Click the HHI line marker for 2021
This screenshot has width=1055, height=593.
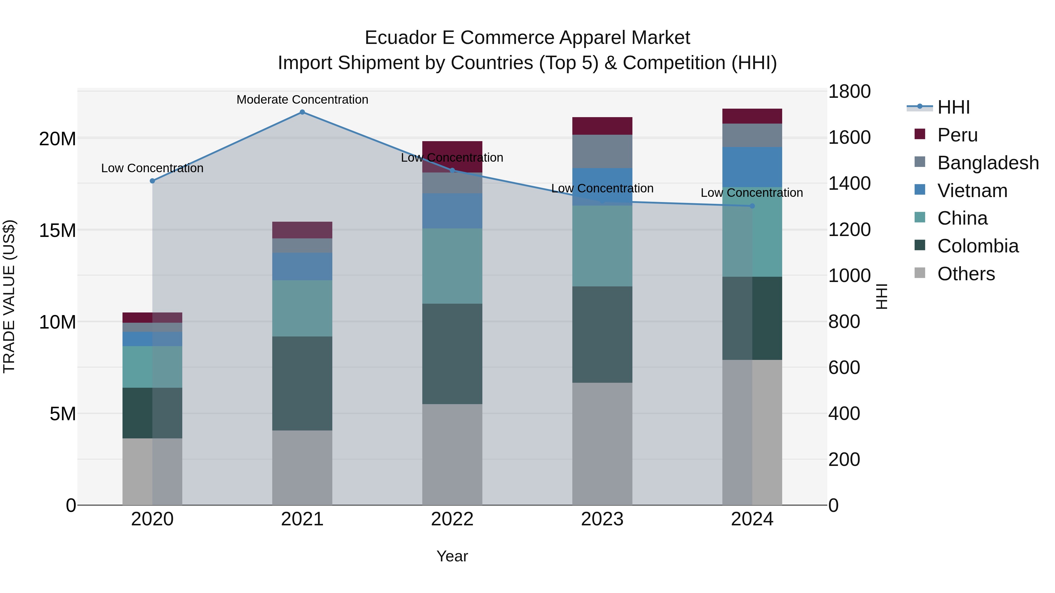(x=302, y=112)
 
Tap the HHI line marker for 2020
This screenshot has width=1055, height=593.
(x=152, y=181)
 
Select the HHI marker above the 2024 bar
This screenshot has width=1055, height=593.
(x=752, y=206)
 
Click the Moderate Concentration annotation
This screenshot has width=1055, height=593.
(x=302, y=100)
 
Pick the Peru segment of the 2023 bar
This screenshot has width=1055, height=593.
(x=602, y=126)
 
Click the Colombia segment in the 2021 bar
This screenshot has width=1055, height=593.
(x=302, y=383)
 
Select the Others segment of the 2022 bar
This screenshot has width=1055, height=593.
(x=452, y=454)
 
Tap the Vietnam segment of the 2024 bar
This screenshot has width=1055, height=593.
(x=752, y=167)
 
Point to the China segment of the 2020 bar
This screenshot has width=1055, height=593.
(x=152, y=367)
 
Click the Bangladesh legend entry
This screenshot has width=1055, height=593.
(x=988, y=163)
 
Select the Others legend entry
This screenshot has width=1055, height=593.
(x=966, y=274)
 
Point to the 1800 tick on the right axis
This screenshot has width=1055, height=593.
(x=849, y=92)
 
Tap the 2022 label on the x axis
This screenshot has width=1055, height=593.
(x=452, y=519)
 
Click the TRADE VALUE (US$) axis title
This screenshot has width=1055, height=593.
(x=9, y=296)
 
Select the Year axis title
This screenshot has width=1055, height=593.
(x=452, y=556)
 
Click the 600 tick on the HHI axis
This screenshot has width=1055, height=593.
(x=844, y=368)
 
